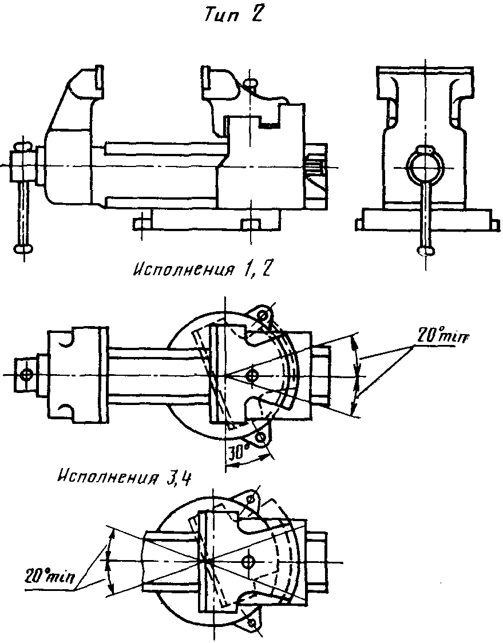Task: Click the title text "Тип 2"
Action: pos(233,15)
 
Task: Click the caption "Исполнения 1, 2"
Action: pos(201,270)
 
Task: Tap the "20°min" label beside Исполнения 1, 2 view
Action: pos(443,336)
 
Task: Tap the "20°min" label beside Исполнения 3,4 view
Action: pos(50,577)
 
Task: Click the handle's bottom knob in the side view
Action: pos(24,248)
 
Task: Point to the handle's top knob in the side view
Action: pos(22,146)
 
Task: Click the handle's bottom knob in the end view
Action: pos(426,251)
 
